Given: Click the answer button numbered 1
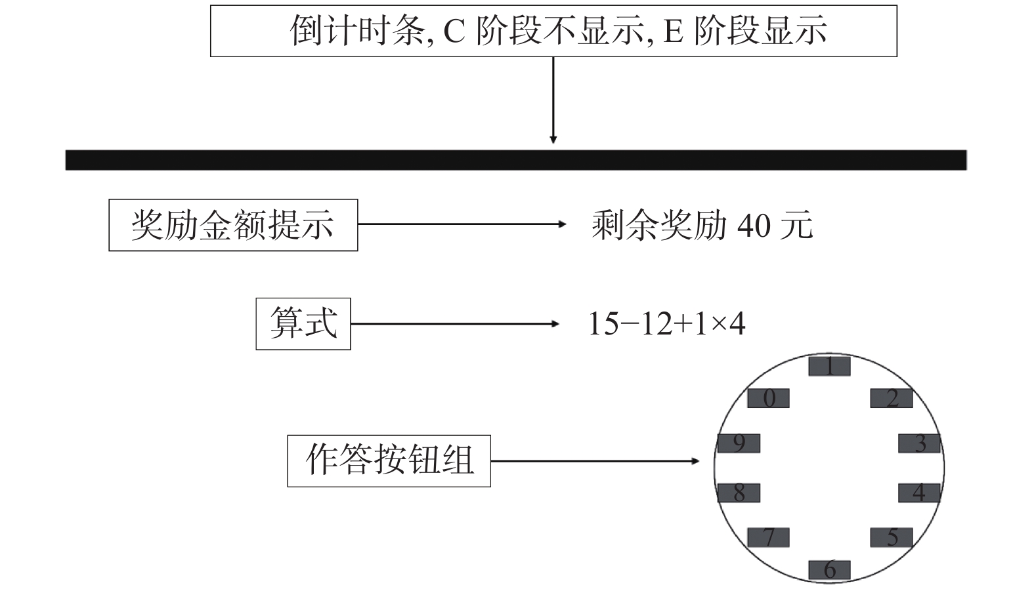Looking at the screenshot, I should [829, 366].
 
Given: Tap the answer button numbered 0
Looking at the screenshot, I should [769, 398].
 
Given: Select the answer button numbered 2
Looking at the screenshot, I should [891, 398].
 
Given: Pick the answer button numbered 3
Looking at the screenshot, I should [920, 443].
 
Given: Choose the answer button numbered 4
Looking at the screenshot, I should [919, 493].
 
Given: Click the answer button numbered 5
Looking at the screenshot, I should [891, 537].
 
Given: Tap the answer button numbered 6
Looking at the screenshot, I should [829, 569].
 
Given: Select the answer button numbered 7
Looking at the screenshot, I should [768, 537].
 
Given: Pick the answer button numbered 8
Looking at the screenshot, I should [739, 493].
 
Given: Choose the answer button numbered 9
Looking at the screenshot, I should [739, 443].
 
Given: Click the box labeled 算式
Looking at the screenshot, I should [303, 323].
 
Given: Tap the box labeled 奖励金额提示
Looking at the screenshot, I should [233, 225].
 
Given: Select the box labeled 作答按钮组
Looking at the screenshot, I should [389, 460].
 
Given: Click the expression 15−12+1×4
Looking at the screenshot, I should [666, 323].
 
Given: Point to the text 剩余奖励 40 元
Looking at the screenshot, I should [702, 226].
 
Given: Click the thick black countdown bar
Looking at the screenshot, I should [516, 160].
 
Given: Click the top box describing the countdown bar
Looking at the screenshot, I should [553, 31].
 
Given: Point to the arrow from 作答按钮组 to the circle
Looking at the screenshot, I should [595, 461].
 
